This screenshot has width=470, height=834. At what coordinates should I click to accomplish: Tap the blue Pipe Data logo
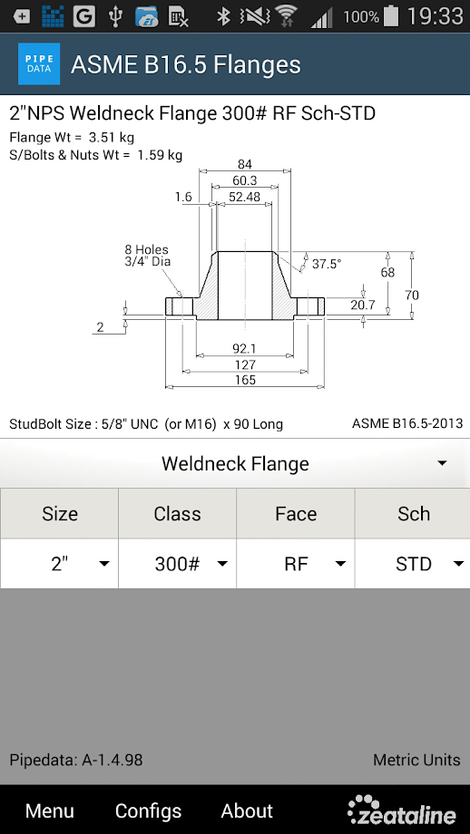(39, 63)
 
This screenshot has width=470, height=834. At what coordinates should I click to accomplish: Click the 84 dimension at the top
(245, 164)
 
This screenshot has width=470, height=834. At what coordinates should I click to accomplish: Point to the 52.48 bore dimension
(244, 197)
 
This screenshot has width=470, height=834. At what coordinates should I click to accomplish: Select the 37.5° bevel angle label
(327, 264)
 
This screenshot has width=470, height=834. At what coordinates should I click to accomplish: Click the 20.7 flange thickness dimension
(362, 305)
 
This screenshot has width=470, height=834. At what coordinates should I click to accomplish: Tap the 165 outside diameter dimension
(245, 380)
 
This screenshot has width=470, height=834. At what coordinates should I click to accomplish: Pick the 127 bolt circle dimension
(245, 364)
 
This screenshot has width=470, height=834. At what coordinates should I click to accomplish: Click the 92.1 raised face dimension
(244, 348)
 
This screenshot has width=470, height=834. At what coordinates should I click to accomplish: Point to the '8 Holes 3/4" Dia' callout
(148, 256)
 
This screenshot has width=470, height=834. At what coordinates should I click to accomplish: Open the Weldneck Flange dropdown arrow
(442, 463)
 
